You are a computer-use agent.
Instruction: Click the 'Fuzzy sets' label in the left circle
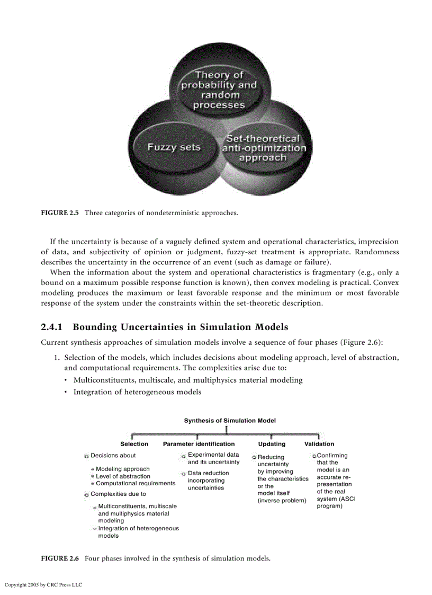point(174,147)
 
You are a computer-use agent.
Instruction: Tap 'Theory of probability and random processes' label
point(219,90)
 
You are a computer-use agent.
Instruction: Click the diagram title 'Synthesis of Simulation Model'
point(230,421)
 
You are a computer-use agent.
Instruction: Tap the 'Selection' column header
point(134,444)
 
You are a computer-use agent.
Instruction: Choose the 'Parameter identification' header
point(199,444)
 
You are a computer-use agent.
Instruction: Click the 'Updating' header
point(272,444)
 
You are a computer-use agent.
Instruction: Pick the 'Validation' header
point(319,444)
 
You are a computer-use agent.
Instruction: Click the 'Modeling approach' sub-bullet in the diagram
point(123,469)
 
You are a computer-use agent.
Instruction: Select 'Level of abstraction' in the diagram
point(123,476)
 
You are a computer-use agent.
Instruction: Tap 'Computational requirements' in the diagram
point(136,483)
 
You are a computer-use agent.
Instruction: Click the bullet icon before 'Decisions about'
point(86,456)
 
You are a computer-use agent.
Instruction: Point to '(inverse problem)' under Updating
point(282,501)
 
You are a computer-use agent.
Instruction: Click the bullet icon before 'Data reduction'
point(183,474)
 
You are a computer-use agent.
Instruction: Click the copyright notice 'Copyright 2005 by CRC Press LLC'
point(43,585)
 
